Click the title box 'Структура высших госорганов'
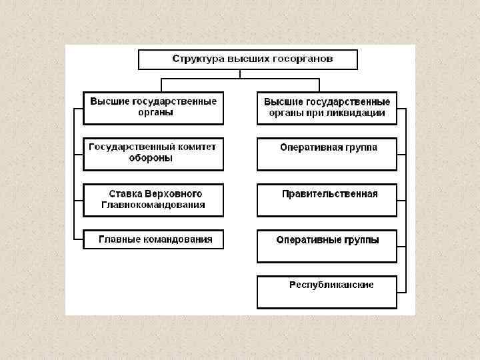(248, 59)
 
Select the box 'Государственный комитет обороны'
(153, 153)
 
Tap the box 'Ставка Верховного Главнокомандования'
(153, 200)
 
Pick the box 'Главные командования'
(153, 239)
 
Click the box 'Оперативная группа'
(327, 154)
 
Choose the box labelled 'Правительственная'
(327, 200)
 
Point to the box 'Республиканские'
(327, 291)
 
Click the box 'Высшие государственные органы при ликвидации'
(327, 108)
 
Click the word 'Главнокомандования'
(153, 205)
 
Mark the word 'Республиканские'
(331, 285)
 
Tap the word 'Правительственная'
(330, 194)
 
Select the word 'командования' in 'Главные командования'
(175, 239)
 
